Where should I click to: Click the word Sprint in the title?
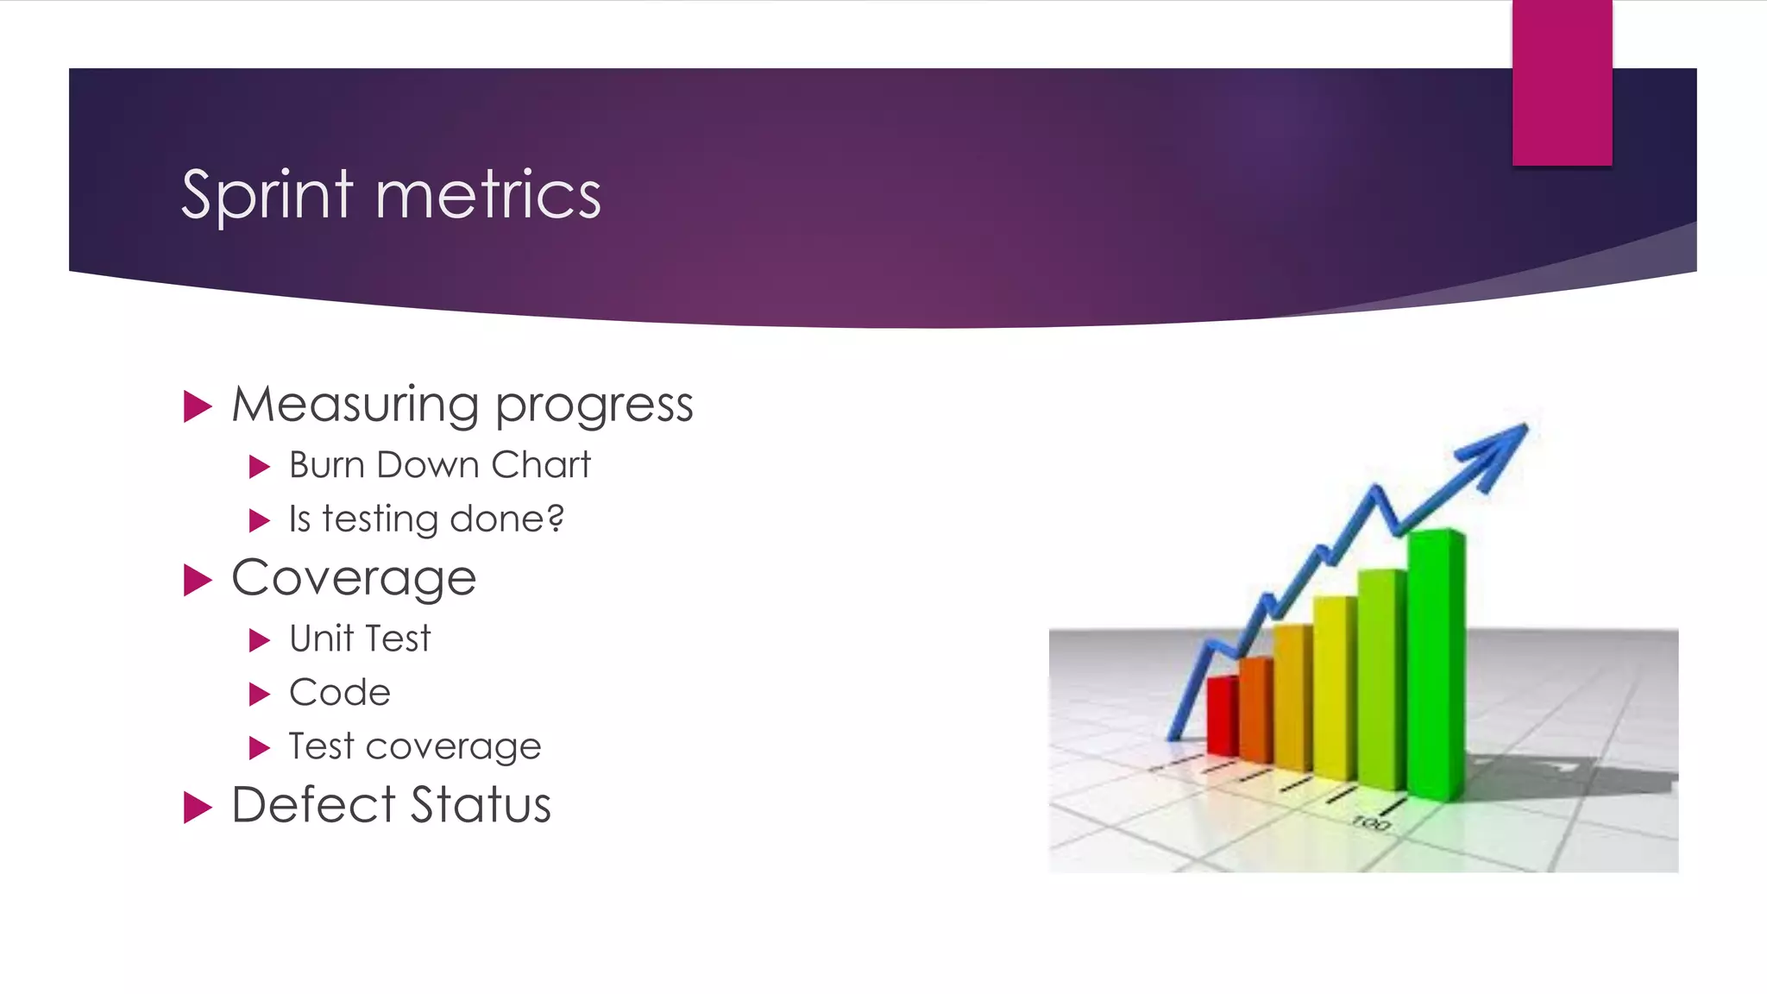267,196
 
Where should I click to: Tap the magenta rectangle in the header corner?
1562,82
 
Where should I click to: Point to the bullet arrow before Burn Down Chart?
259,467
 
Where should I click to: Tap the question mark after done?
555,518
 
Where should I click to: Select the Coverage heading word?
354,578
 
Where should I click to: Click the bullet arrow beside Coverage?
198,580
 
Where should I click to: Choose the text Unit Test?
359,639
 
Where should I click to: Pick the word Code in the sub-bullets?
339,693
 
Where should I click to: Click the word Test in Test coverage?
320,746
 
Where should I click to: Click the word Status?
480,805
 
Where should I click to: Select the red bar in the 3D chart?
1222,716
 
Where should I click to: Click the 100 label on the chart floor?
1371,823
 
